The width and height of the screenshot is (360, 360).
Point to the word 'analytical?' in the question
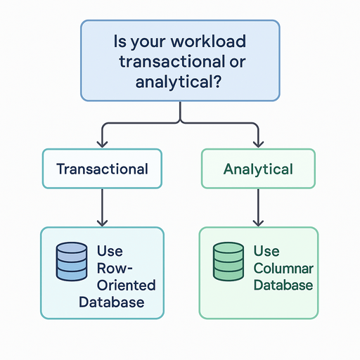[x=181, y=81]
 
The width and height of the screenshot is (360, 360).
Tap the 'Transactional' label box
[x=102, y=169]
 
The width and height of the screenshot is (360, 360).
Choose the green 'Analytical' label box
[x=258, y=169]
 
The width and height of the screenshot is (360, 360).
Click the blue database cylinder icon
[x=71, y=264]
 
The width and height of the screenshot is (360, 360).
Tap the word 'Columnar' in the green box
[x=283, y=269]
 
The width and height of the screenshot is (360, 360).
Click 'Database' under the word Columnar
[x=283, y=285]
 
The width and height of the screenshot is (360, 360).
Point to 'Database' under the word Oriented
[x=112, y=303]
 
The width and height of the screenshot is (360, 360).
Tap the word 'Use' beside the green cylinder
[x=266, y=252]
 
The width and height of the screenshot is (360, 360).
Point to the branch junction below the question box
[x=181, y=123]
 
